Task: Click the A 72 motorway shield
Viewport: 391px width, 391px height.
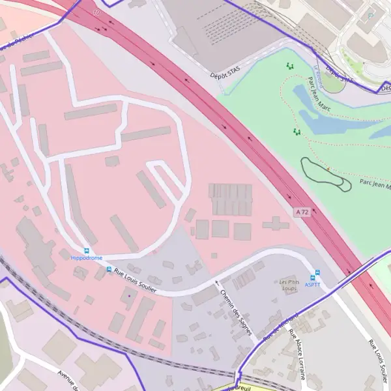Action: pyautogui.click(x=301, y=212)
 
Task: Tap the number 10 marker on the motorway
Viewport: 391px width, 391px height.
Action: pyautogui.click(x=97, y=12)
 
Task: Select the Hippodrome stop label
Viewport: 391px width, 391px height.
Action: pyautogui.click(x=86, y=258)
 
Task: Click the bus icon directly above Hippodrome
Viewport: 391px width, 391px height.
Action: pyautogui.click(x=86, y=250)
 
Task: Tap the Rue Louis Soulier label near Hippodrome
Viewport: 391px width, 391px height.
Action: pyautogui.click(x=135, y=281)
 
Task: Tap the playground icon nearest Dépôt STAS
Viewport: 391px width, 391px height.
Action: pyautogui.click(x=289, y=65)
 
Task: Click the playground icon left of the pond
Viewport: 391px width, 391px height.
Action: pyautogui.click(x=297, y=132)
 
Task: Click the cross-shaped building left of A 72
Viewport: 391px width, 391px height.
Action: pyautogui.click(x=276, y=224)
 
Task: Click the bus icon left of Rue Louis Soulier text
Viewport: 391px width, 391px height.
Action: pyautogui.click(x=108, y=270)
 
